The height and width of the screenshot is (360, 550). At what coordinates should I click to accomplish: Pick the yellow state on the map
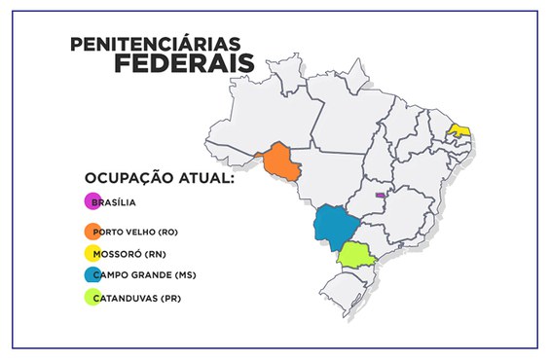click(x=459, y=130)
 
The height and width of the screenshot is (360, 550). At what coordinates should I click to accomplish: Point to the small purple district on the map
click(x=381, y=194)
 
